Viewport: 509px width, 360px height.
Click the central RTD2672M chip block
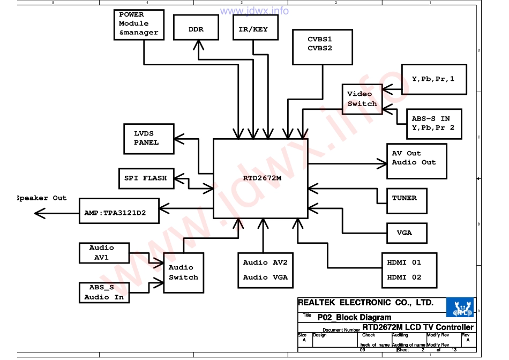pos(260,178)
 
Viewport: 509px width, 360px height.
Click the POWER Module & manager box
pos(139,25)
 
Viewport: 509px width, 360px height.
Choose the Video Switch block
pos(362,99)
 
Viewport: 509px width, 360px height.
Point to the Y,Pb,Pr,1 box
pos(434,79)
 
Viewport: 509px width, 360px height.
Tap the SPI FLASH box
pos(146,178)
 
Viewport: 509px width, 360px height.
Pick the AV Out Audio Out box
pos(416,161)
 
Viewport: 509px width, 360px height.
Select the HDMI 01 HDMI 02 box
pos(409,270)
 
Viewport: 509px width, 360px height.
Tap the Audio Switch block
pos(183,273)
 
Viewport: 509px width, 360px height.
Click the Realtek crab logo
pos(460,307)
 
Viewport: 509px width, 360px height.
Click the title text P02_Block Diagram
pos(354,318)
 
